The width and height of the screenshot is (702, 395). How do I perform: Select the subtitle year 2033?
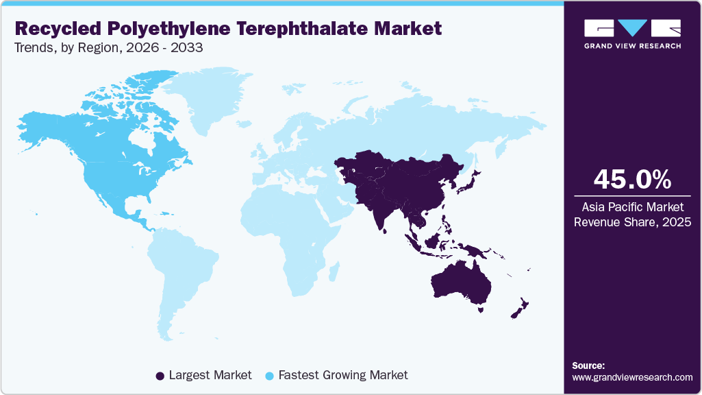pyautogui.click(x=189, y=49)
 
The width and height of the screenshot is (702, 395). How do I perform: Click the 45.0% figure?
pyautogui.click(x=632, y=180)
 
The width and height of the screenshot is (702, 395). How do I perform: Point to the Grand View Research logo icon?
pyautogui.click(x=632, y=28)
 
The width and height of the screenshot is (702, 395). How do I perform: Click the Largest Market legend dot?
pyautogui.click(x=160, y=376)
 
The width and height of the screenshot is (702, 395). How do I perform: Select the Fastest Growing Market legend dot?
pyautogui.click(x=270, y=376)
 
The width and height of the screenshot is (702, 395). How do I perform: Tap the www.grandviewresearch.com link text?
pyautogui.click(x=632, y=377)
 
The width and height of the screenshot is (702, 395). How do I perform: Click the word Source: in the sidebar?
pyautogui.click(x=588, y=366)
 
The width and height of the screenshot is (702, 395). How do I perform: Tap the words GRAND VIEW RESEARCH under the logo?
pyautogui.click(x=632, y=46)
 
